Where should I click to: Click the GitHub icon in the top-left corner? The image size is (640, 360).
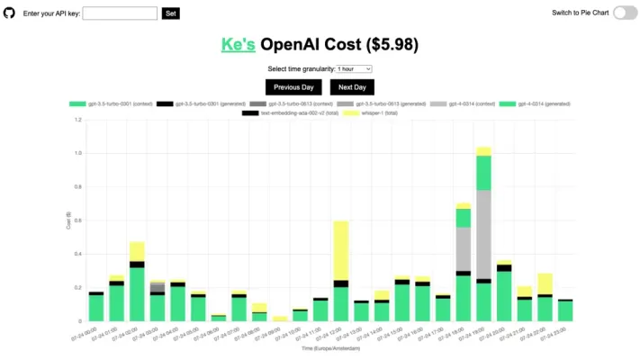click(x=10, y=13)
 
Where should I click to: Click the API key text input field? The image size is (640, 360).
click(x=120, y=13)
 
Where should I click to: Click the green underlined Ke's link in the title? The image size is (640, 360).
click(x=239, y=45)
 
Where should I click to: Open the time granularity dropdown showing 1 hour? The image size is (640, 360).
click(x=354, y=68)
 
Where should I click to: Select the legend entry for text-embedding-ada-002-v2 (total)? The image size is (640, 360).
click(x=287, y=112)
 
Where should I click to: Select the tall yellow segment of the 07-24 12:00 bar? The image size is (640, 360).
click(x=341, y=250)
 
